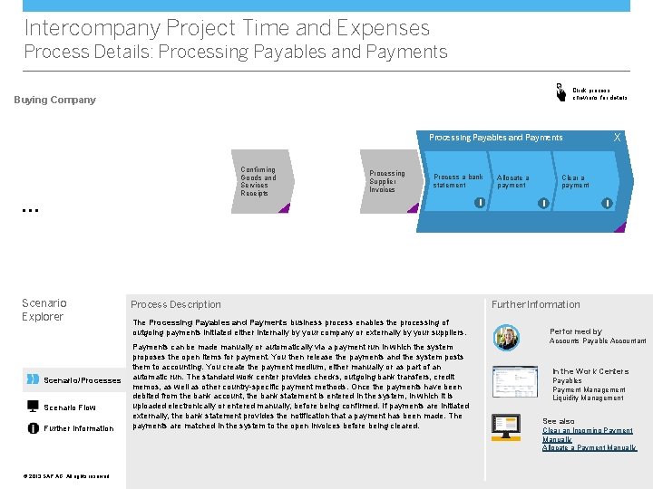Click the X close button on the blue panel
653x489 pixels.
[618, 138]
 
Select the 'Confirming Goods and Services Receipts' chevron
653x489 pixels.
[259, 182]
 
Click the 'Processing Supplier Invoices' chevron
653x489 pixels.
[388, 181]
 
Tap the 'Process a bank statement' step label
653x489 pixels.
[459, 181]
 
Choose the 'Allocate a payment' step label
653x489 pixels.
[512, 181]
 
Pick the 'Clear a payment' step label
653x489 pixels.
[575, 181]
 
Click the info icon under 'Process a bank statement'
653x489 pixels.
[478, 203]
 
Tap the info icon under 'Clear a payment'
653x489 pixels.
[606, 203]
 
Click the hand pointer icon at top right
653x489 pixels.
[560, 91]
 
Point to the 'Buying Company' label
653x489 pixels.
[54, 100]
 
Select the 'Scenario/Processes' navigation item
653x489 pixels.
[82, 380]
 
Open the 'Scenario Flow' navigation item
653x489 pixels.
[70, 407]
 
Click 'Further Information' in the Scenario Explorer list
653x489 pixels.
[79, 428]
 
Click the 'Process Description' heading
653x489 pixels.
[176, 304]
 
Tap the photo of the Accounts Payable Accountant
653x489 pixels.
[506, 337]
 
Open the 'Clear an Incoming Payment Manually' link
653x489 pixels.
[588, 435]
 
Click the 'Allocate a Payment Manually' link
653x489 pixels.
[589, 448]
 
